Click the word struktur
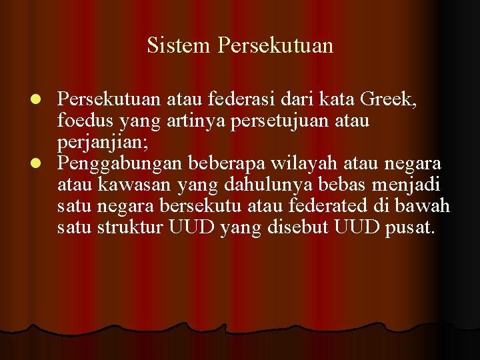131,227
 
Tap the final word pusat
409,227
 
